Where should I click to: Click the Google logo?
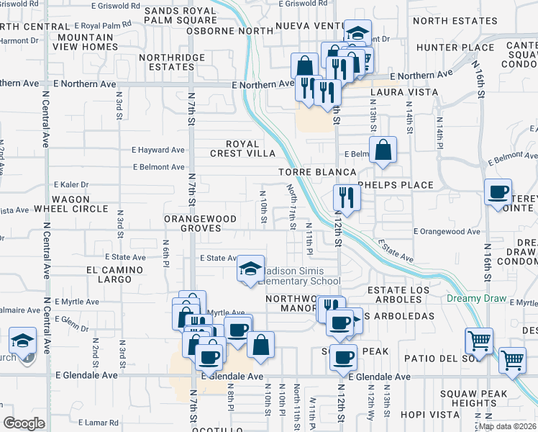click(x=24, y=423)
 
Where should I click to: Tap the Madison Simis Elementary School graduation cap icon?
click(x=250, y=270)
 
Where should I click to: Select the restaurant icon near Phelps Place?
click(x=346, y=197)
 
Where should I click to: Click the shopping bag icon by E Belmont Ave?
click(x=383, y=150)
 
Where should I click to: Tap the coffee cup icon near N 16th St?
click(x=498, y=192)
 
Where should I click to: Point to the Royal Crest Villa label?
click(x=242, y=148)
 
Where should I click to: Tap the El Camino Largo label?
click(x=109, y=274)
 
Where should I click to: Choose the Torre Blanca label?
click(x=318, y=173)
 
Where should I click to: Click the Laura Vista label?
click(x=403, y=93)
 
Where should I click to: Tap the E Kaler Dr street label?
click(x=70, y=184)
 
